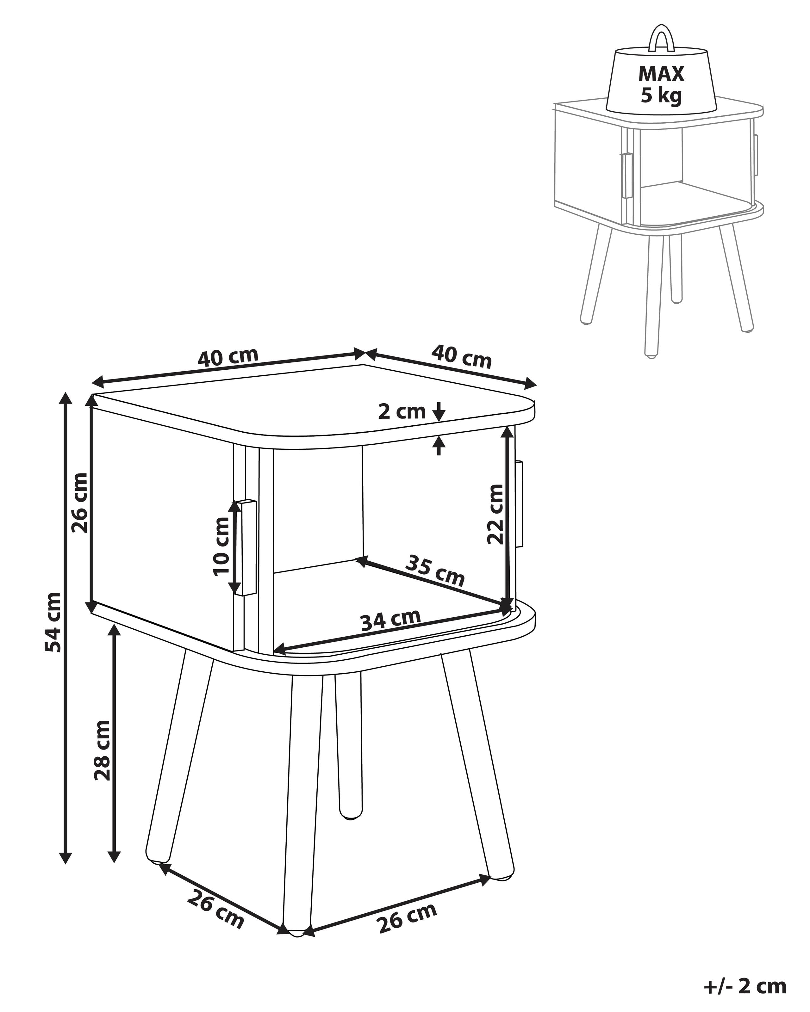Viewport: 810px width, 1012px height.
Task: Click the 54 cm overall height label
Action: (x=53, y=622)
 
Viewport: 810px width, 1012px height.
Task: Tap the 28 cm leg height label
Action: (x=103, y=750)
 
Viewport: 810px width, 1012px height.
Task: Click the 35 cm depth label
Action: (x=435, y=570)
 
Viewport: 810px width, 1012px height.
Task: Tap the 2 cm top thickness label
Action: (x=402, y=412)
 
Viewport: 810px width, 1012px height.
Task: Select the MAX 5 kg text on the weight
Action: (x=661, y=84)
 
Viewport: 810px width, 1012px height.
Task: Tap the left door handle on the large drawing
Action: (x=246, y=548)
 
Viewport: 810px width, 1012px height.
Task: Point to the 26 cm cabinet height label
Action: (x=80, y=502)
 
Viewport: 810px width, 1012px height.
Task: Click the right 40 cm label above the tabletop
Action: (x=461, y=357)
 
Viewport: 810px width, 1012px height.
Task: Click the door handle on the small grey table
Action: (x=627, y=175)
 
